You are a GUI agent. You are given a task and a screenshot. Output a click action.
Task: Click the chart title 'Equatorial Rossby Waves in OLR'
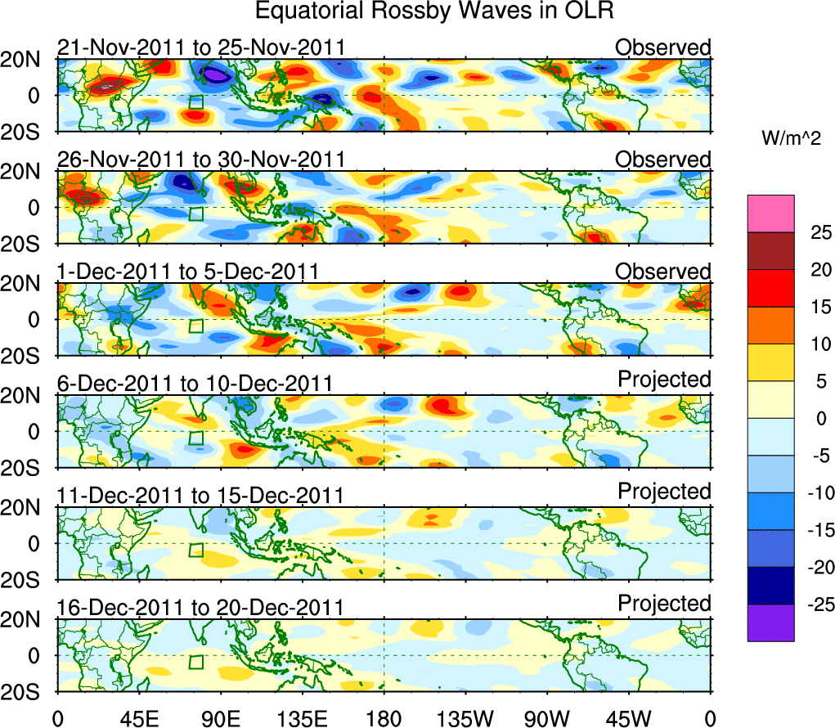tap(434, 11)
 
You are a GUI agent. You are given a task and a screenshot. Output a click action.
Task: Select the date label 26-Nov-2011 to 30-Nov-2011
tap(200, 159)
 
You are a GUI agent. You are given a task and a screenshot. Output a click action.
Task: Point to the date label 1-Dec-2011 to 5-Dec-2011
tap(187, 271)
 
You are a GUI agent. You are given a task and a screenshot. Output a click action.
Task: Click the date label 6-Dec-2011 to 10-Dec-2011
tap(194, 383)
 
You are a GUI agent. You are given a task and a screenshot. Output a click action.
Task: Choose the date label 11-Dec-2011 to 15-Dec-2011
tap(200, 495)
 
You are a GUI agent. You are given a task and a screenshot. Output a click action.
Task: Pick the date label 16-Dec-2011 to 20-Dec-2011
tap(200, 607)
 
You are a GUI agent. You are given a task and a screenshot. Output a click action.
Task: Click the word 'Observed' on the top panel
tap(663, 47)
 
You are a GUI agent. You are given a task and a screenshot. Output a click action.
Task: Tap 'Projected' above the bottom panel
tap(664, 604)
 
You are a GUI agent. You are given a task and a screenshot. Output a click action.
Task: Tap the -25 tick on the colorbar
tap(809, 605)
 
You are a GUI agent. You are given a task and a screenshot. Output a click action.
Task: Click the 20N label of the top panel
tap(27, 60)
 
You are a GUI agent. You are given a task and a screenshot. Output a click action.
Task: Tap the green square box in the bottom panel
tap(195, 663)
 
